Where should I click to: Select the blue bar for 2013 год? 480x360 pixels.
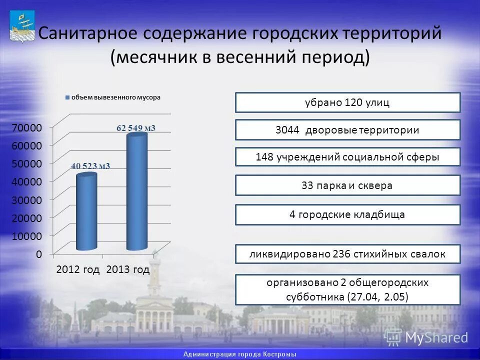point(136,192)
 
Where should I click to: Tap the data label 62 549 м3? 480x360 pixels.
point(136,128)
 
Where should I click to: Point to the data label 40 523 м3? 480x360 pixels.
point(90,166)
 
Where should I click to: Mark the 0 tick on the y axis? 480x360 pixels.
point(38,254)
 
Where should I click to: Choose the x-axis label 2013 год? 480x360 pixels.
point(128,270)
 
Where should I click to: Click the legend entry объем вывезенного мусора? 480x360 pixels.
point(115,97)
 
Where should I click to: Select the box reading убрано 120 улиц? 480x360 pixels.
point(347,102)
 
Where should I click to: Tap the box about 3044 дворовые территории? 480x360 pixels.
point(347,130)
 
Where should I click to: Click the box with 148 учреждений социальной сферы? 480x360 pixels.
point(347,157)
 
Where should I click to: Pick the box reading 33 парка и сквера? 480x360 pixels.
point(347,185)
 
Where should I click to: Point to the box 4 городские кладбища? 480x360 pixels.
point(347,214)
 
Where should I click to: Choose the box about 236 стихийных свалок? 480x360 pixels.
point(347,254)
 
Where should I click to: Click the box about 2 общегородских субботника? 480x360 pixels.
point(347,289)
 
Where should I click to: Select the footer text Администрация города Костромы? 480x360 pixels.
point(240,354)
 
